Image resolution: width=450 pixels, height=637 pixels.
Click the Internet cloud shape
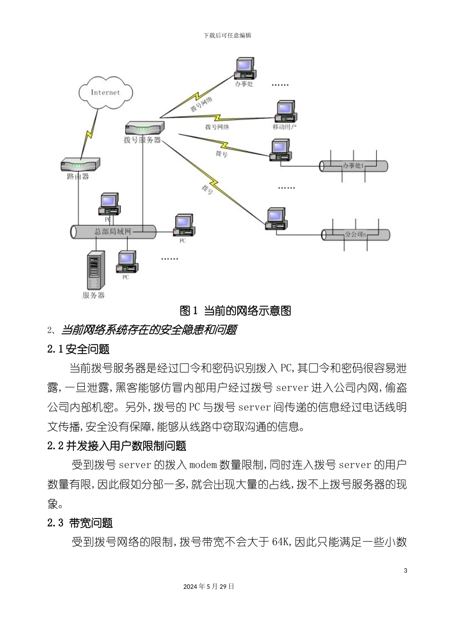[105, 92]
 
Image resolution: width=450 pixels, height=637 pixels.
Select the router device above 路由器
[80, 164]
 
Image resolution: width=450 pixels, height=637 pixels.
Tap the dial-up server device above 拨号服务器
[144, 127]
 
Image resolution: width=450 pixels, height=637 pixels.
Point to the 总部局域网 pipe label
[113, 231]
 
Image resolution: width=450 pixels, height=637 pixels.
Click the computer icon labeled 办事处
[245, 69]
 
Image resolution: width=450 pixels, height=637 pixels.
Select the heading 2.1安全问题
[79, 349]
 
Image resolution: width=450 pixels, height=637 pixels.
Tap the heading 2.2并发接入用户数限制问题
[117, 446]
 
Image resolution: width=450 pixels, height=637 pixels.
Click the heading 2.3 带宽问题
[80, 523]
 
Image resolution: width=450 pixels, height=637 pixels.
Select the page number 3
[405, 570]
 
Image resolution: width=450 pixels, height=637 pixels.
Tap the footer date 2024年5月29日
[209, 586]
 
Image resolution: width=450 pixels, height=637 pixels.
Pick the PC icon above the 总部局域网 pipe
[108, 205]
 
